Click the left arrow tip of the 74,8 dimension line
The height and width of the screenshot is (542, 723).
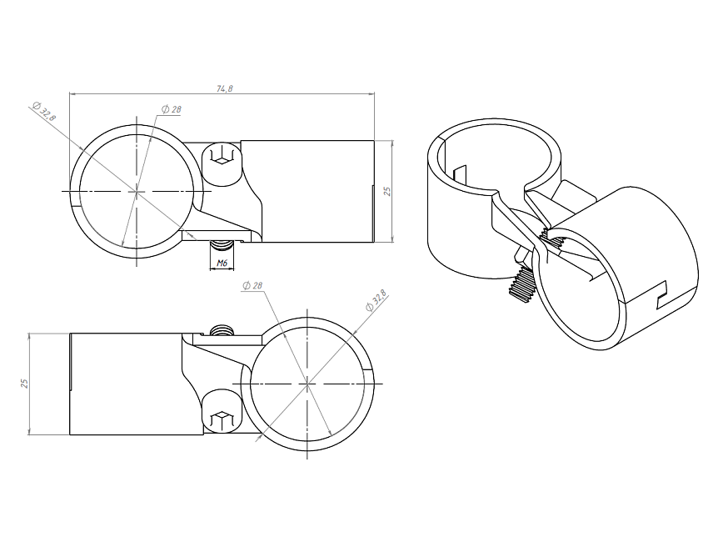pyautogui.click(x=70, y=94)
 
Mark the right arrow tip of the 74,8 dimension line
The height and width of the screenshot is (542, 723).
pyautogui.click(x=374, y=94)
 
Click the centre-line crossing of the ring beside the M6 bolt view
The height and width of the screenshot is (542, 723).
pyautogui.click(x=137, y=191)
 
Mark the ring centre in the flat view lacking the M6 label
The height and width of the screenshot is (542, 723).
pyautogui.click(x=307, y=384)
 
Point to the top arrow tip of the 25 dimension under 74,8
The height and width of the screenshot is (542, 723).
pyautogui.click(x=392, y=140)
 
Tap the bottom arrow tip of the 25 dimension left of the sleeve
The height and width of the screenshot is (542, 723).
pyautogui.click(x=29, y=434)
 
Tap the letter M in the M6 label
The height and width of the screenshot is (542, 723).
pyautogui.click(x=220, y=263)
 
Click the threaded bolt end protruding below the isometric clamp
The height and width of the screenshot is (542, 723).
pyautogui.click(x=520, y=284)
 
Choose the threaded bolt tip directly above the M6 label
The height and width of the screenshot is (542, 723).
pyautogui.click(x=222, y=245)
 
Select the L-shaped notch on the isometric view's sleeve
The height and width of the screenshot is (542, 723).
pyautogui.click(x=661, y=295)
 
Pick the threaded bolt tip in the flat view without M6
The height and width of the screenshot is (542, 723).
pyautogui.click(x=222, y=329)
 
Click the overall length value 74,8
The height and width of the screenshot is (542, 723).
pyautogui.click(x=225, y=88)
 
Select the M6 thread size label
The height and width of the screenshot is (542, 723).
pyautogui.click(x=222, y=263)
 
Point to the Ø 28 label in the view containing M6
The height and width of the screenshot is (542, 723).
pyautogui.click(x=171, y=109)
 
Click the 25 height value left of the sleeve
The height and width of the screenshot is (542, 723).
pyautogui.click(x=24, y=384)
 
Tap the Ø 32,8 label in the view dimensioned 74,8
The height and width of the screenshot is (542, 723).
pyautogui.click(x=44, y=111)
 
